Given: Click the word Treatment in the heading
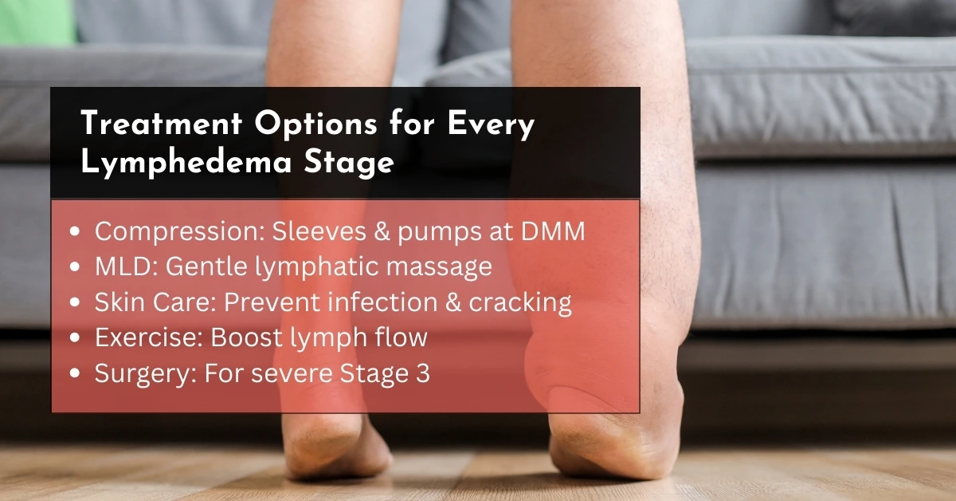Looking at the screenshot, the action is [x=161, y=123].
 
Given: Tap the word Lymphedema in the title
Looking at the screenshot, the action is [x=186, y=163].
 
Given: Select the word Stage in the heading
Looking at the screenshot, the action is [x=349, y=164].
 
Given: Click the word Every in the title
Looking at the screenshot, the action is [x=491, y=124].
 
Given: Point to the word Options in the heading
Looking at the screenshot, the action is [x=315, y=124].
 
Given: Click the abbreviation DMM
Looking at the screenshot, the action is [x=553, y=231].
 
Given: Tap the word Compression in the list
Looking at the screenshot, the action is [x=180, y=232].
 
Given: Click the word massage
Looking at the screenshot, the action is [x=439, y=267].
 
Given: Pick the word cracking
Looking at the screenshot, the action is [x=519, y=303].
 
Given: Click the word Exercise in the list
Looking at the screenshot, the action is [x=148, y=337].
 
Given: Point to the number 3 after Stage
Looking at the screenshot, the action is [x=422, y=373].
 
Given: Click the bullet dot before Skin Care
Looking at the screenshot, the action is [x=75, y=302].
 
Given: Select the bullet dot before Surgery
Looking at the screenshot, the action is [x=75, y=373].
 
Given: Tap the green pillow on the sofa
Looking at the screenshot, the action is [x=37, y=22].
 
